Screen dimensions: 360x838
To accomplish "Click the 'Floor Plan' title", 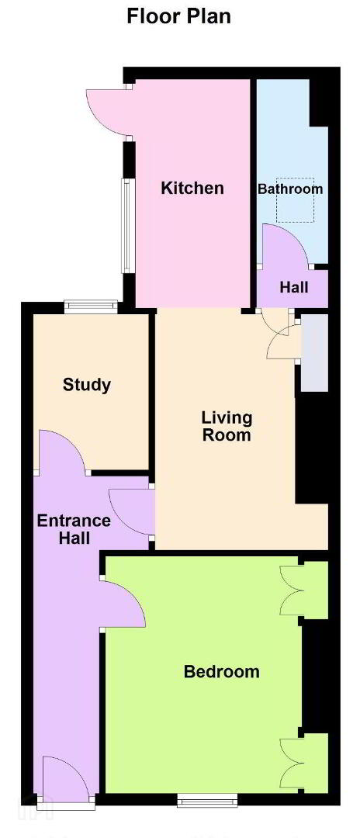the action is tap(178, 16).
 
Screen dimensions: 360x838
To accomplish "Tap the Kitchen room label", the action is tap(192, 188).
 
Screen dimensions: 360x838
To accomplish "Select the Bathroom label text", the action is tap(290, 189).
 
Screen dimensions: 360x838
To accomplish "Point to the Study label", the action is tap(87, 385).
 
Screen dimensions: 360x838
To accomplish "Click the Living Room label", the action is tap(226, 426).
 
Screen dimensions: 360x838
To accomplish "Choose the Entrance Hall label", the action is tap(74, 529).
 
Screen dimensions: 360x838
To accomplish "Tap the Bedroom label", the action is tap(222, 672).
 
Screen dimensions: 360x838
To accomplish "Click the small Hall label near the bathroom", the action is tap(294, 288).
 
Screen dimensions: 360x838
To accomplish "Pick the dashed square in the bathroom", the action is tap(295, 199).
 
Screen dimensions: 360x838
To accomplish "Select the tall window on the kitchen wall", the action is tap(127, 226).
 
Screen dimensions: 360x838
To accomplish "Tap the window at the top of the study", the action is tap(90, 306).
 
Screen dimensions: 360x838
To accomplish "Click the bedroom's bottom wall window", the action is tap(207, 799).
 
